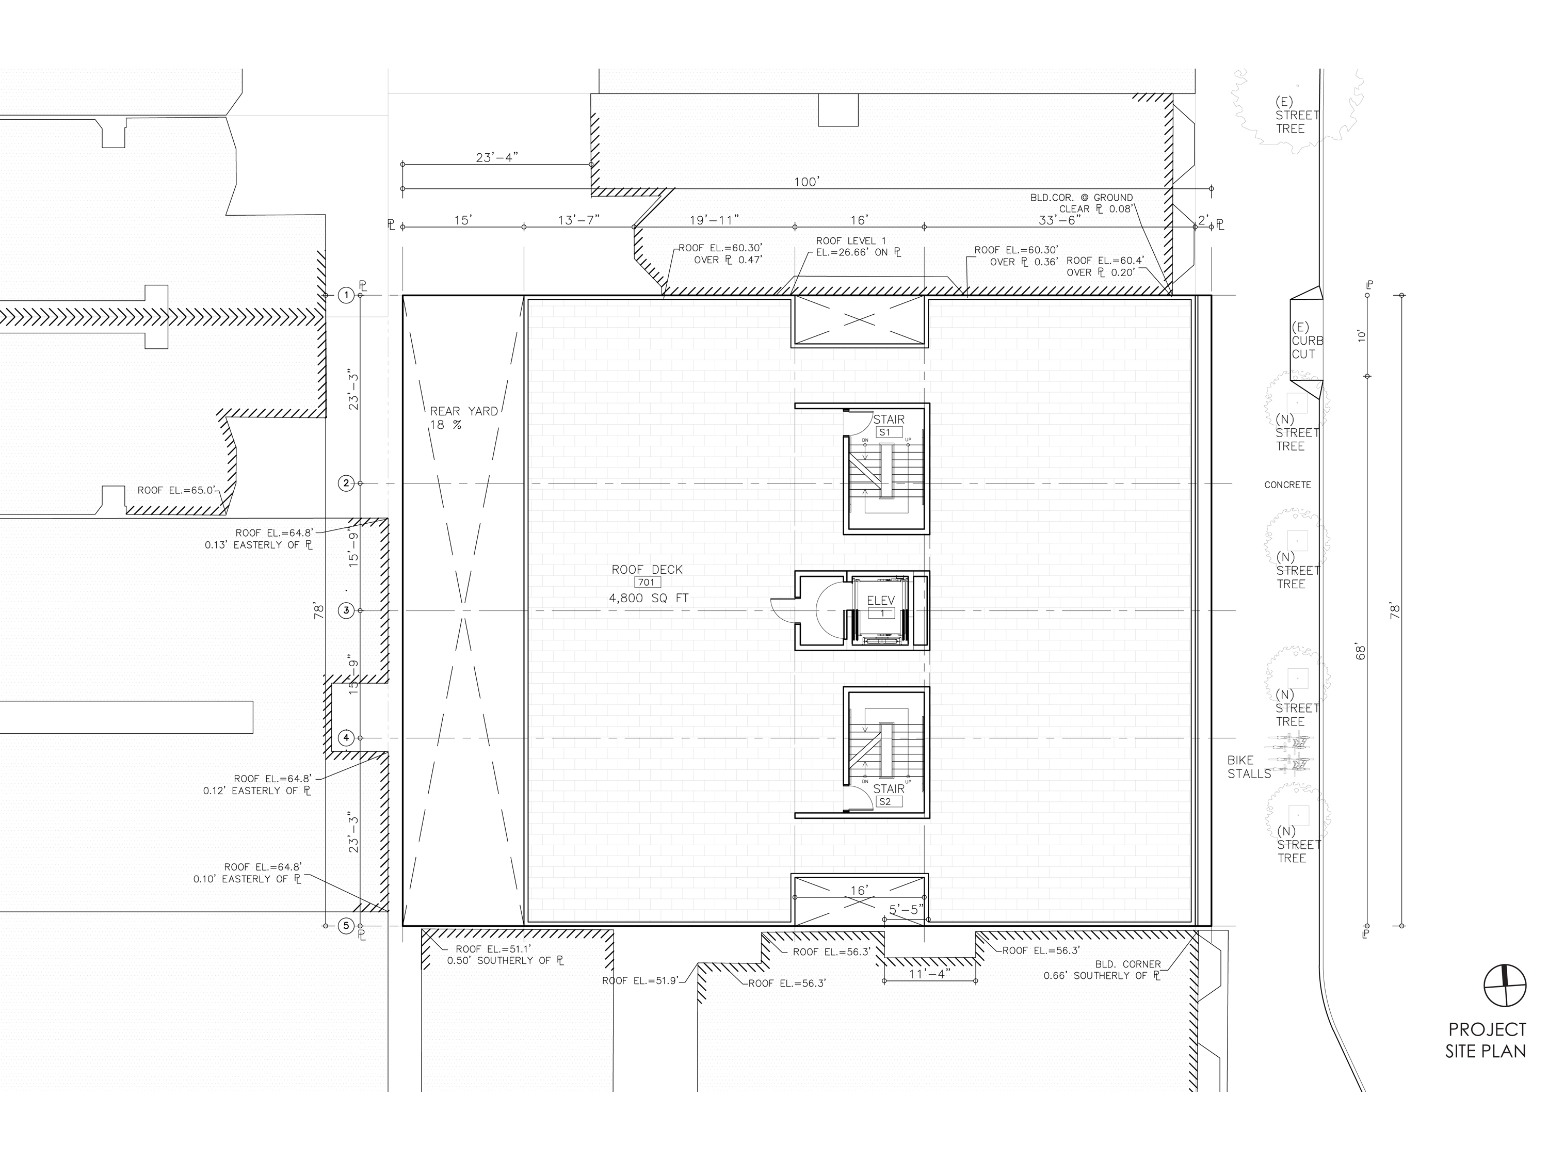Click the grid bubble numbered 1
pos(346,295)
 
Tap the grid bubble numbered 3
pos(346,611)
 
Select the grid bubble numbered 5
pos(346,926)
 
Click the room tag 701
pos(648,582)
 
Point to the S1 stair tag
pos(885,432)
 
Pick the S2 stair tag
pos(885,802)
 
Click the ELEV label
pos(881,601)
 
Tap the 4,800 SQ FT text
pos(649,599)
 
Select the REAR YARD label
pos(464,411)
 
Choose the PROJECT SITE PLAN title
pos(1486,1040)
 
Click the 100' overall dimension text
pos(806,182)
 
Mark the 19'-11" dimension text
pos(714,220)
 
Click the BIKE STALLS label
pos(1249,767)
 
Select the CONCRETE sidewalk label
pos(1287,485)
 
